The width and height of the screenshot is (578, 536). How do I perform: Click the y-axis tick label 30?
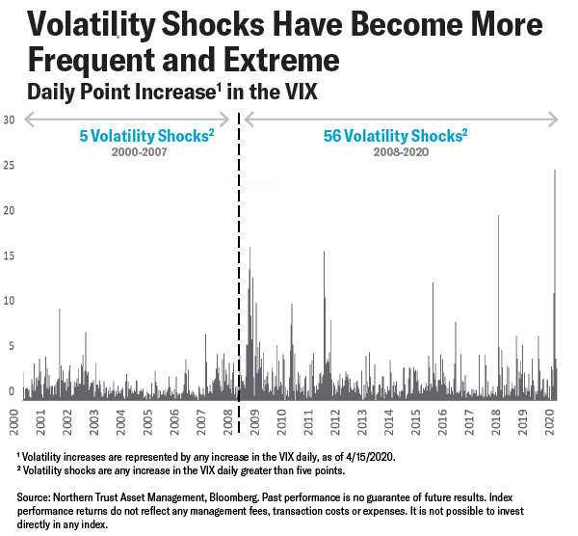pyautogui.click(x=10, y=120)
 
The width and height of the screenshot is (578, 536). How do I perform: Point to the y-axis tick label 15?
pyautogui.click(x=10, y=255)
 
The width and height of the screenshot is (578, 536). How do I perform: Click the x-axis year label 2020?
pyautogui.click(x=550, y=422)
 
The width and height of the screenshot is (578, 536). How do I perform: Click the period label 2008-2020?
pyautogui.click(x=395, y=152)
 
